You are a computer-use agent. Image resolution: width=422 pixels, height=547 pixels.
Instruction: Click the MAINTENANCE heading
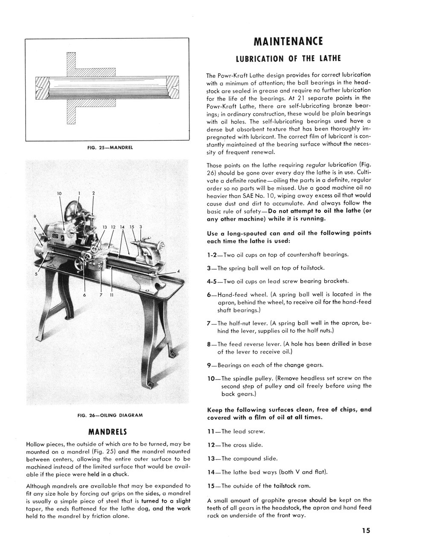pyautogui.click(x=288, y=41)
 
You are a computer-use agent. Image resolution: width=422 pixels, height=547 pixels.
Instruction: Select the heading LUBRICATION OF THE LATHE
pyautogui.click(x=288, y=58)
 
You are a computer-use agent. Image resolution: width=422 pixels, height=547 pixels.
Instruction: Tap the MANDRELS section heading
pyautogui.click(x=108, y=430)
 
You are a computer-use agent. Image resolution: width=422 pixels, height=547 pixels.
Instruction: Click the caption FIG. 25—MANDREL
pyautogui.click(x=110, y=147)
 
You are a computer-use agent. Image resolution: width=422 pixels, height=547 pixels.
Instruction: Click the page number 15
pyautogui.click(x=365, y=531)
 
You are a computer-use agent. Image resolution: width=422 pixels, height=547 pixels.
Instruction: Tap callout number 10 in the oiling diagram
pyautogui.click(x=59, y=194)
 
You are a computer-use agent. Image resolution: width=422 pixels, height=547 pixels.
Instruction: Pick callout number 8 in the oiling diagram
pyautogui.click(x=35, y=216)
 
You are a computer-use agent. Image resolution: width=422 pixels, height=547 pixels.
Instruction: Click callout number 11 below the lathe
pyautogui.click(x=111, y=295)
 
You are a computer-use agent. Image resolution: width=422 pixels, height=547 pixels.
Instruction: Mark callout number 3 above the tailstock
pyautogui.click(x=141, y=226)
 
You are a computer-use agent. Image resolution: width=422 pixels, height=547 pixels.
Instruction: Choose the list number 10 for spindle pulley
pyautogui.click(x=211, y=378)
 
